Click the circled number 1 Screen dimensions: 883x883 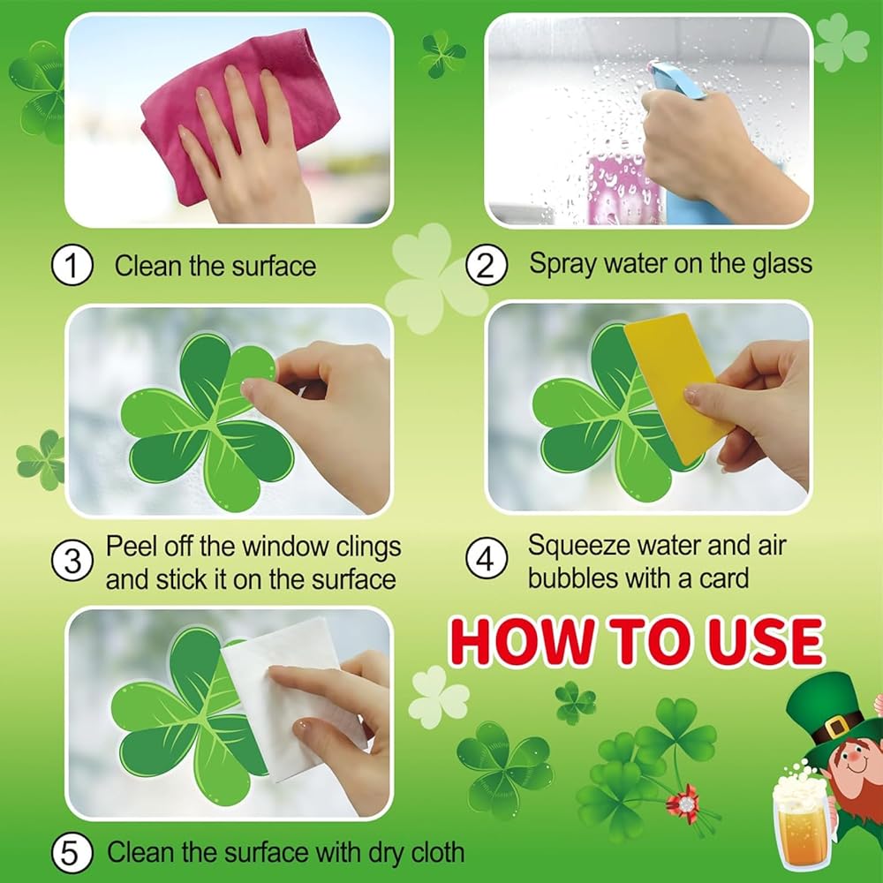click(x=72, y=267)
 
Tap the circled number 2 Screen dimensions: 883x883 click(x=486, y=265)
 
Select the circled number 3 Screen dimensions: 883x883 click(x=72, y=562)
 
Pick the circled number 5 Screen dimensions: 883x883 click(x=72, y=853)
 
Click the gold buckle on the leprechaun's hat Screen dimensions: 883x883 click(x=837, y=727)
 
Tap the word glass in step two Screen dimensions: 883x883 click(x=782, y=264)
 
